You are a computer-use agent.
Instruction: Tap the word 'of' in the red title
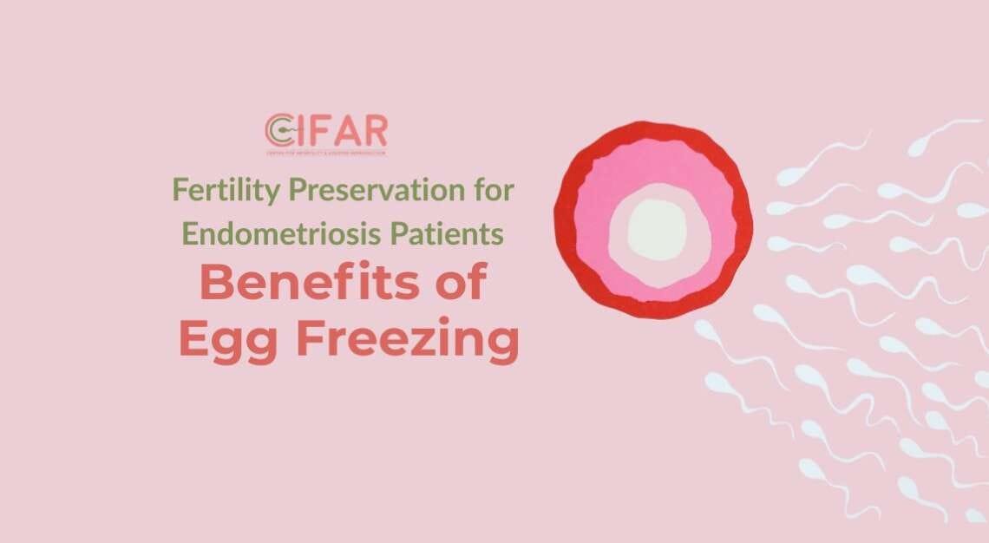pyautogui.click(x=459, y=285)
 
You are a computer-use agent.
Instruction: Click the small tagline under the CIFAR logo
pyautogui.click(x=326, y=153)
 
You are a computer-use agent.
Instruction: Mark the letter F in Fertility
pyautogui.click(x=180, y=189)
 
